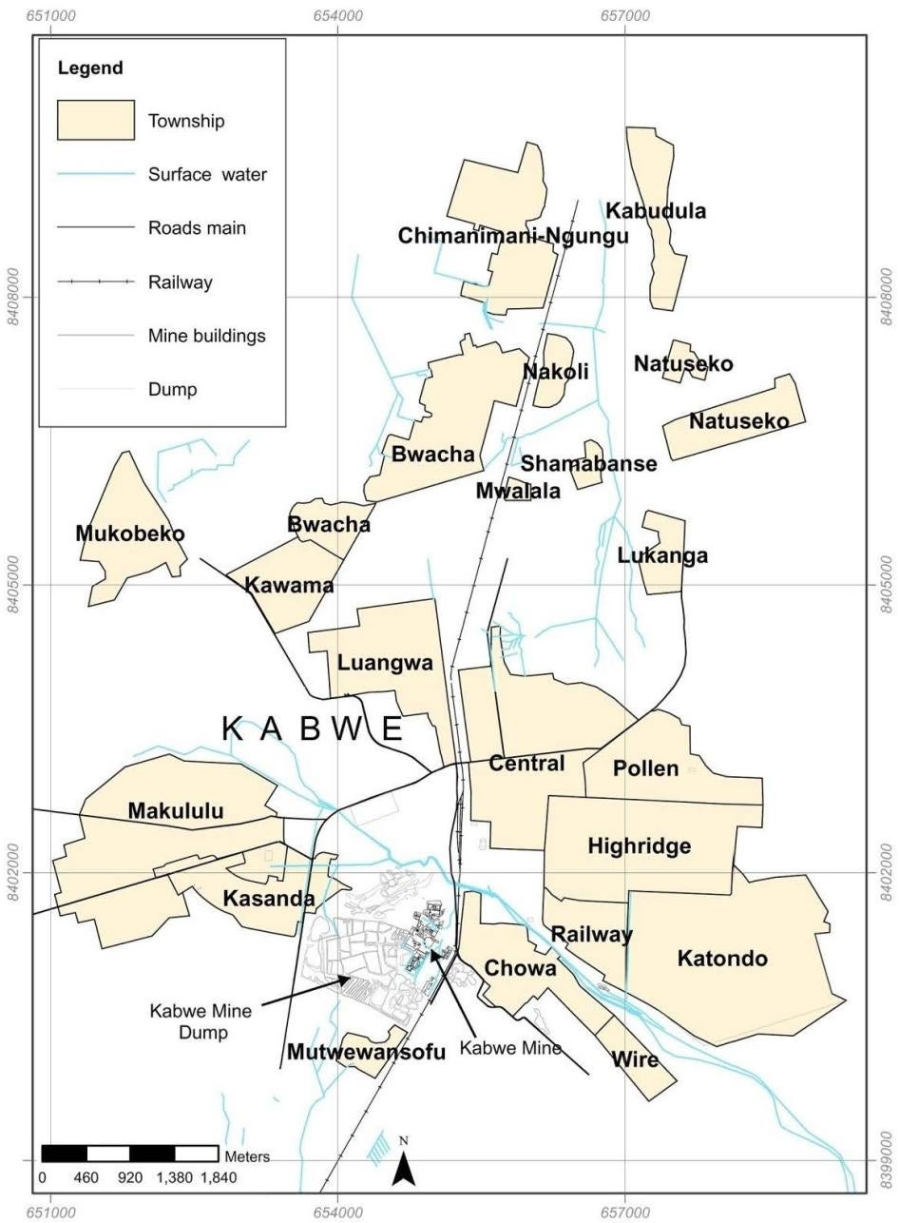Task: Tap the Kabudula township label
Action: (657, 211)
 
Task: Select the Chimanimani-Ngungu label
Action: (513, 236)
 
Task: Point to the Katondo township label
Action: (722, 959)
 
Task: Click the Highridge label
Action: (640, 846)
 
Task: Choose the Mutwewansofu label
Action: (366, 1053)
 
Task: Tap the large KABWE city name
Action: (313, 729)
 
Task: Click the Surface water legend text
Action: (207, 175)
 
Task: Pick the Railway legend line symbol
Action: (95, 282)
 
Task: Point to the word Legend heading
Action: (90, 68)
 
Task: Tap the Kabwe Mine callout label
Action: (510, 1048)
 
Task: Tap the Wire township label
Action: (636, 1059)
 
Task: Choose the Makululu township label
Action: (176, 811)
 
